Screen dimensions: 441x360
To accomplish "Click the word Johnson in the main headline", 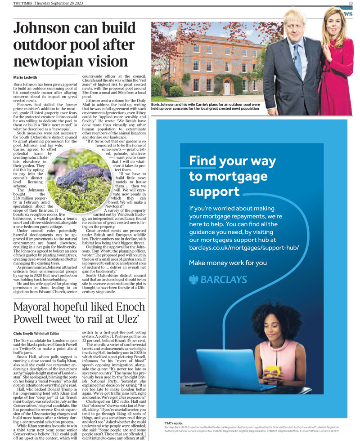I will click(45, 29).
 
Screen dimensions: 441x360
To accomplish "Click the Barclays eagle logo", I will click(194, 280).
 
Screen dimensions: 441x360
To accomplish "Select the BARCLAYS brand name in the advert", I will click(224, 280).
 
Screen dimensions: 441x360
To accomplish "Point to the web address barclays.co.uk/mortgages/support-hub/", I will click(243, 248).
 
